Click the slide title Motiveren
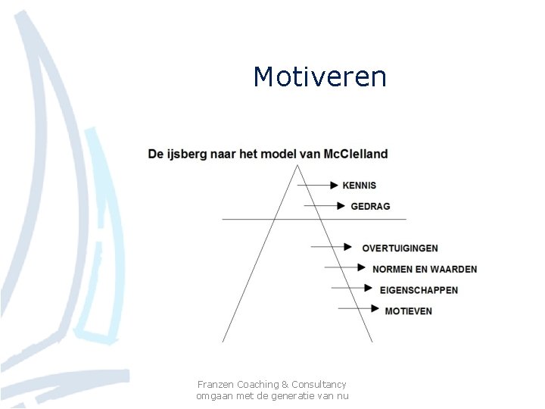click(319, 76)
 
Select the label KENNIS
click(359, 186)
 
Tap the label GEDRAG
click(370, 206)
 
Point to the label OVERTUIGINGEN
click(400, 248)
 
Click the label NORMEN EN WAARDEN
click(425, 269)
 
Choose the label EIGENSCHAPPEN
click(419, 289)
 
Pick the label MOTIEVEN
click(408, 311)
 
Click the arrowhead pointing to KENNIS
click(335, 186)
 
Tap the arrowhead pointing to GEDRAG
click(341, 206)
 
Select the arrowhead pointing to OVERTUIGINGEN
click(348, 247)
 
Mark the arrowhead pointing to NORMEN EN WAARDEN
click(363, 268)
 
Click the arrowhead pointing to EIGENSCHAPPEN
click(369, 289)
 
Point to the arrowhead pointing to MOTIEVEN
click(375, 309)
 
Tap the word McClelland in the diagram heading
click(355, 154)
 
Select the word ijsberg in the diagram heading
click(185, 155)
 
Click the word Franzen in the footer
click(216, 385)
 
